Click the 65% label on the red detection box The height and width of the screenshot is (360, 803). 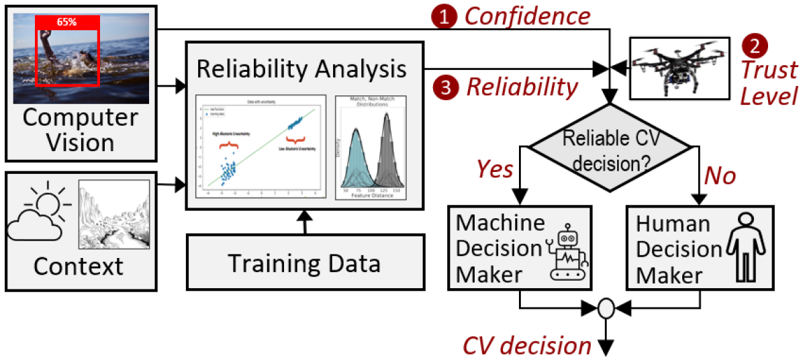tap(66, 22)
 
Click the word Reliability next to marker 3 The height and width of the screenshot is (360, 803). tap(522, 87)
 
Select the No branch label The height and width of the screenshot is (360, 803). tap(720, 176)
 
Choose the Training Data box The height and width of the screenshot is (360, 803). tap(304, 263)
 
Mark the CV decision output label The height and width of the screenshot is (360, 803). tap(526, 345)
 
